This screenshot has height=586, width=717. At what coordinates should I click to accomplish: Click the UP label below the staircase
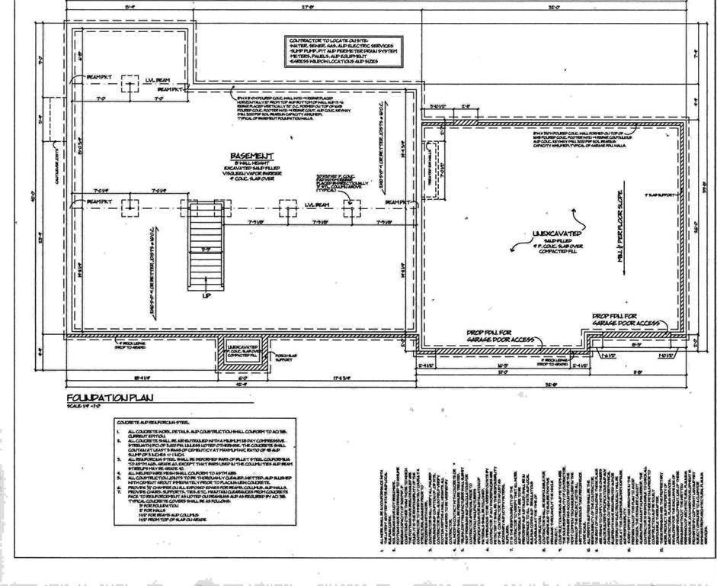(x=207, y=295)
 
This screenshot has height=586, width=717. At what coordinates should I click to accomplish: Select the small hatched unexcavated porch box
(x=243, y=353)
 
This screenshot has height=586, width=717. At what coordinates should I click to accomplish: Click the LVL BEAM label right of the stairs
(x=315, y=204)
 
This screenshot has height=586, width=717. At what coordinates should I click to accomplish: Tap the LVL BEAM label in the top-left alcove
(x=157, y=79)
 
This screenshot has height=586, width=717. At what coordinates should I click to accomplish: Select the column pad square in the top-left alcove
(x=130, y=86)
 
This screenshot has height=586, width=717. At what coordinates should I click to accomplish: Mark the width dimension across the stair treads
(x=206, y=249)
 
